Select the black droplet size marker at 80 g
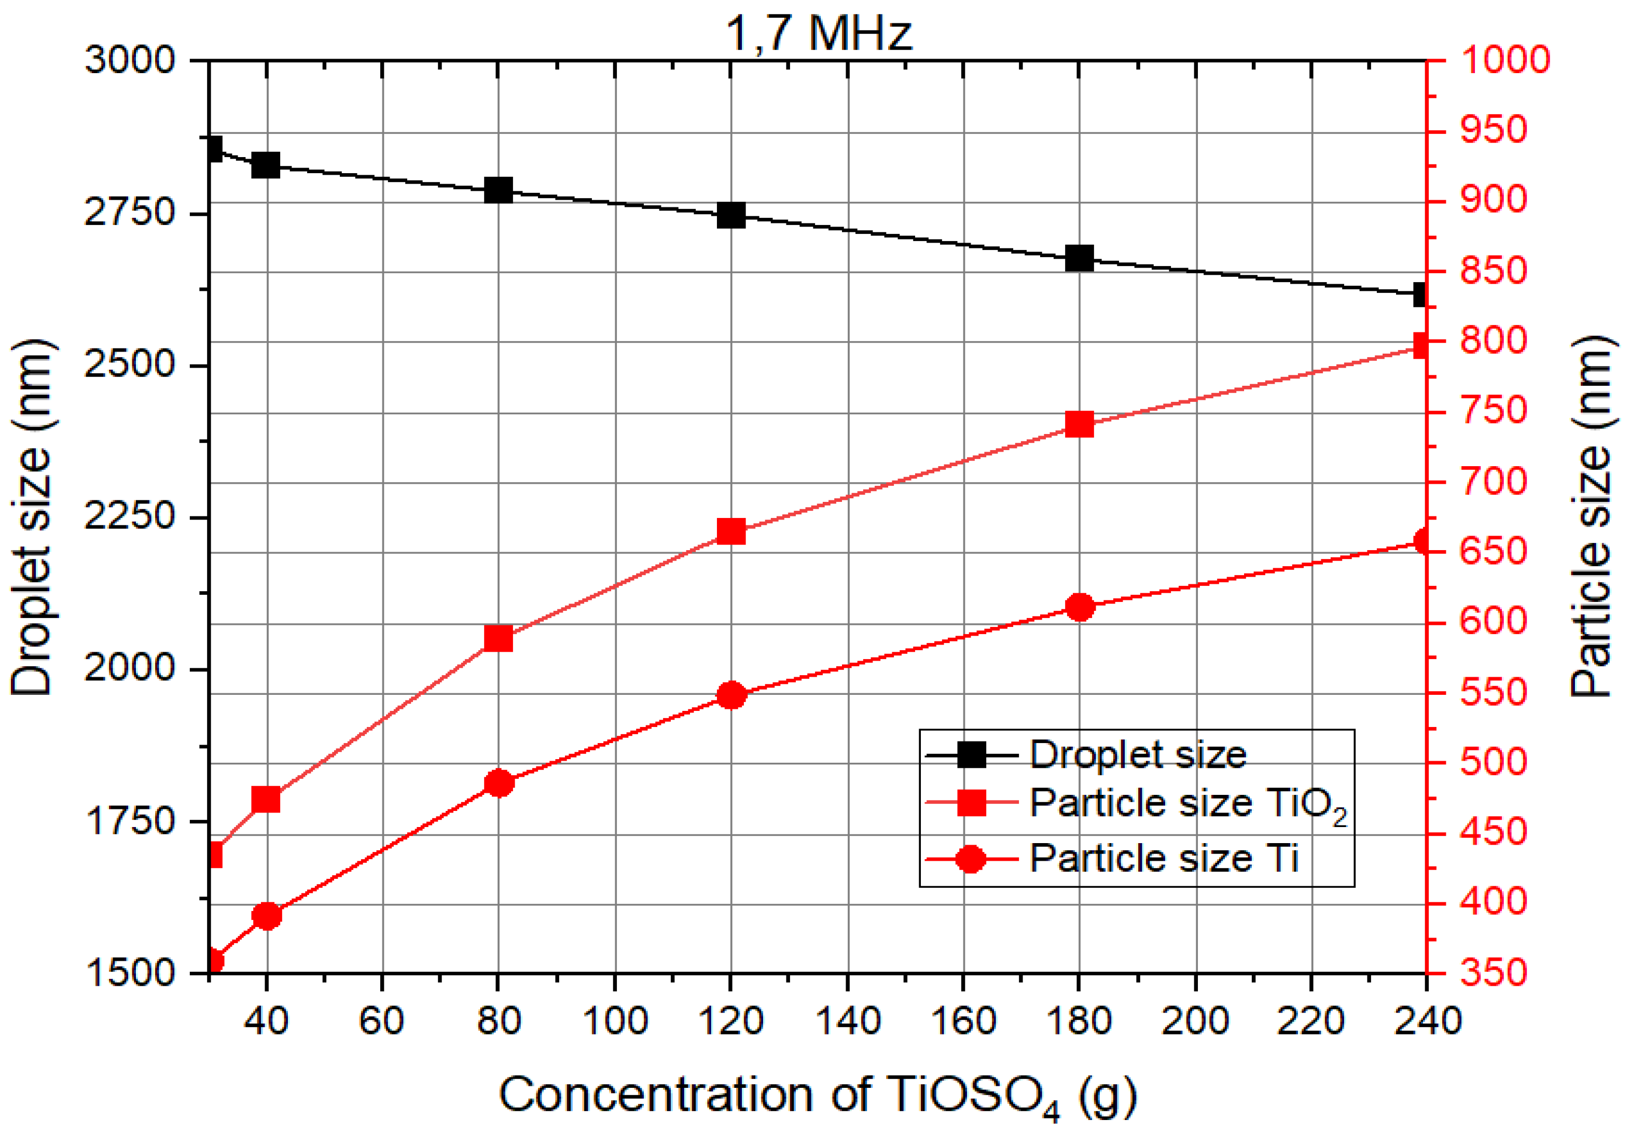tap(499, 190)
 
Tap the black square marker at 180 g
tap(1079, 258)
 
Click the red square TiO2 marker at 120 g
tap(730, 531)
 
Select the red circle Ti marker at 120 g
tap(730, 695)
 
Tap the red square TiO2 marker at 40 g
tap(266, 800)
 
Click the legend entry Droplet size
tap(1137, 755)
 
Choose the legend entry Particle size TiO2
tap(1187, 805)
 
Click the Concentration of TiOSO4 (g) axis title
tap(817, 1095)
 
